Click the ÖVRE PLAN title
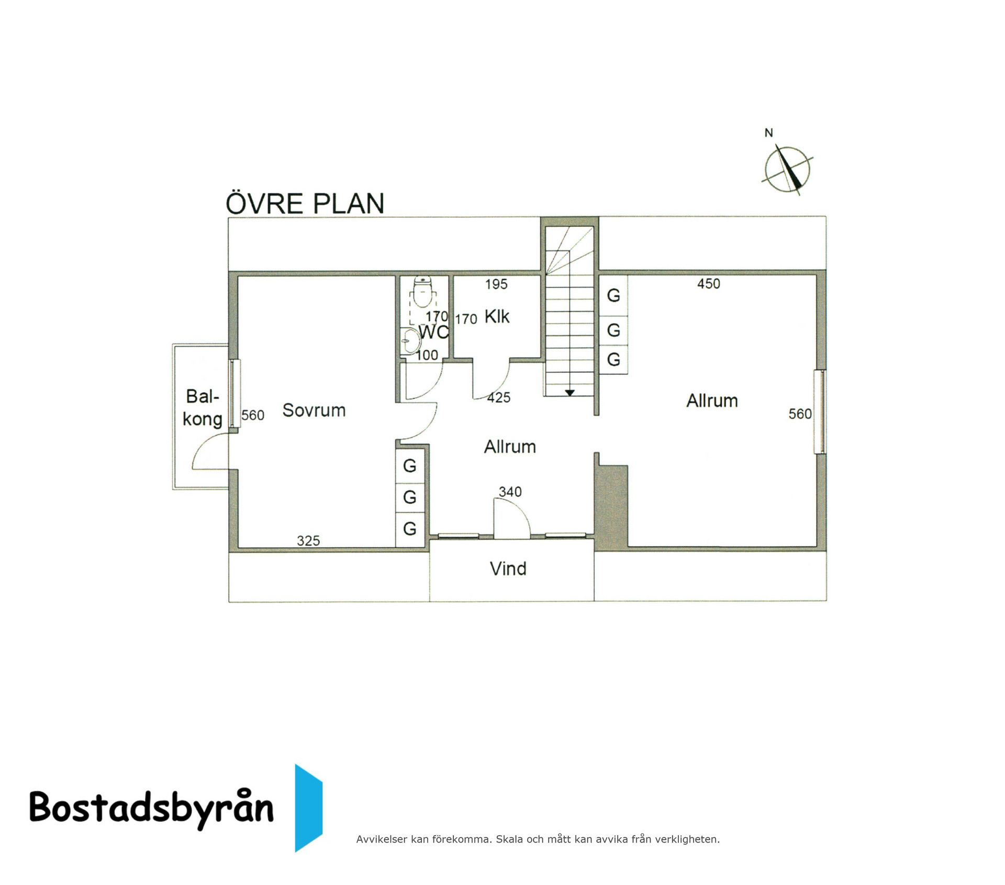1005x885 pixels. [x=305, y=203]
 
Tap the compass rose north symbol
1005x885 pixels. [x=787, y=169]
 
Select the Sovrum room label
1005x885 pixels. [x=314, y=410]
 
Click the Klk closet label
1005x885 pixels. [x=497, y=316]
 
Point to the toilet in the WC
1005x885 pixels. [x=422, y=292]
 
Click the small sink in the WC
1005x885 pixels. [x=411, y=341]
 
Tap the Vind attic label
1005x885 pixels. [x=508, y=569]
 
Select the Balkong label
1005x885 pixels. [x=203, y=408]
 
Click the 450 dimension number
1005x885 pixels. [x=709, y=284]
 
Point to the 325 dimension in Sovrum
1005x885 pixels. [x=308, y=540]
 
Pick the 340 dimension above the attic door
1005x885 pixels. [x=510, y=492]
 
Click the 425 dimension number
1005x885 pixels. [x=498, y=397]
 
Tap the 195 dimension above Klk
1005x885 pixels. [x=496, y=284]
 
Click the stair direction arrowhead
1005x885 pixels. [x=570, y=392]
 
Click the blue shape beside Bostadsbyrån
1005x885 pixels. [x=308, y=808]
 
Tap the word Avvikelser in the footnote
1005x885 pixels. [x=382, y=839]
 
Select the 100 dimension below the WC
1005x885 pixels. [x=427, y=355]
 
